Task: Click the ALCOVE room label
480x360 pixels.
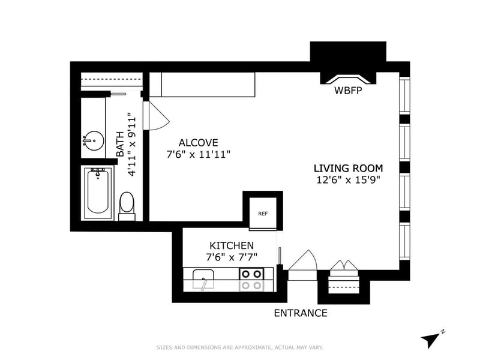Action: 198,143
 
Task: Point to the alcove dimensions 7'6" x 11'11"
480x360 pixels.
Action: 198,154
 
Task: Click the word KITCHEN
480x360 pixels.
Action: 231,246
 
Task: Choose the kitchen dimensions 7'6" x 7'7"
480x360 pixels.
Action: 231,257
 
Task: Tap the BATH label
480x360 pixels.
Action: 120,145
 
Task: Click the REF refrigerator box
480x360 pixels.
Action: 263,213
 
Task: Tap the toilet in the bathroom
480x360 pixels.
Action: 127,203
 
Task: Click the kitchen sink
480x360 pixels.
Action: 204,280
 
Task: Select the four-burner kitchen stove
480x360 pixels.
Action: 251,280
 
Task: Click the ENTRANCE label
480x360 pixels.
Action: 301,313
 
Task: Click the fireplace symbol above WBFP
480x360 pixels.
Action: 347,79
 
